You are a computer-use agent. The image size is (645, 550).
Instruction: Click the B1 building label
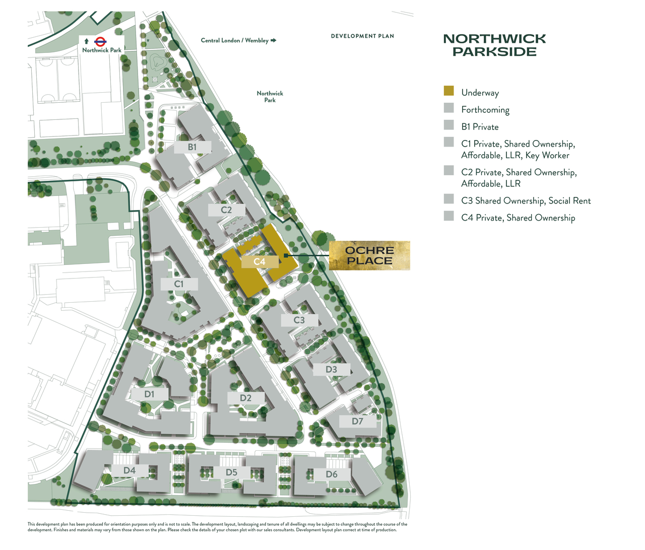coord(192,147)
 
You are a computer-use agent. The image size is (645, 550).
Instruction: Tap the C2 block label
coord(227,210)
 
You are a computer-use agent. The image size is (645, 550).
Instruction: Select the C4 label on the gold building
coord(260,261)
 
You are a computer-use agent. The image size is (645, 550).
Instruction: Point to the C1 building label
coord(179,284)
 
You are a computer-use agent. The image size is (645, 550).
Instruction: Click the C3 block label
coord(299,320)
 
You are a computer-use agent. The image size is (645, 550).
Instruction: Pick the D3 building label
coord(331,369)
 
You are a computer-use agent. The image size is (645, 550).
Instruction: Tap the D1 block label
coord(150,394)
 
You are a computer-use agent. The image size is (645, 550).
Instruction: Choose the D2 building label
coord(245,398)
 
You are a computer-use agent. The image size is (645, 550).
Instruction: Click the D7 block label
coord(357,421)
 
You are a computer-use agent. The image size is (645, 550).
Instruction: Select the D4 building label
coord(130,470)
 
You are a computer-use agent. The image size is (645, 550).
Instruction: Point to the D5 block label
coord(231,472)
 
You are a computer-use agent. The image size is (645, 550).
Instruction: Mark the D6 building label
coord(332,474)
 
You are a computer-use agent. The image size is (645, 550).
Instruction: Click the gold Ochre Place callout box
coord(369,255)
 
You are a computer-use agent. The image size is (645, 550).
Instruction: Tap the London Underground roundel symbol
coord(100,41)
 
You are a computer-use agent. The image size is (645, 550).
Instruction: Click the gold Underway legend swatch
coord(449,91)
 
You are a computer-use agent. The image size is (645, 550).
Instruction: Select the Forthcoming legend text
coord(485,110)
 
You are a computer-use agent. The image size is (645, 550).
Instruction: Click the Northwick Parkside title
coord(494,45)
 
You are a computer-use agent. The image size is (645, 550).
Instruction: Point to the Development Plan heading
coord(362,36)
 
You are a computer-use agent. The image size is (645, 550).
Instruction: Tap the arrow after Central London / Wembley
coord(274,40)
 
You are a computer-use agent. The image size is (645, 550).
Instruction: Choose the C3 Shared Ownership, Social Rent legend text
coord(526,200)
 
